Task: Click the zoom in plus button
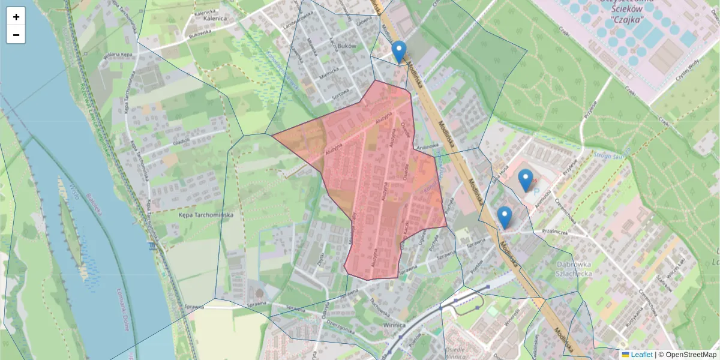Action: (x=16, y=17)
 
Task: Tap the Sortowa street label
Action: (x=340, y=95)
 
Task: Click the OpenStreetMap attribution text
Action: (x=689, y=355)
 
